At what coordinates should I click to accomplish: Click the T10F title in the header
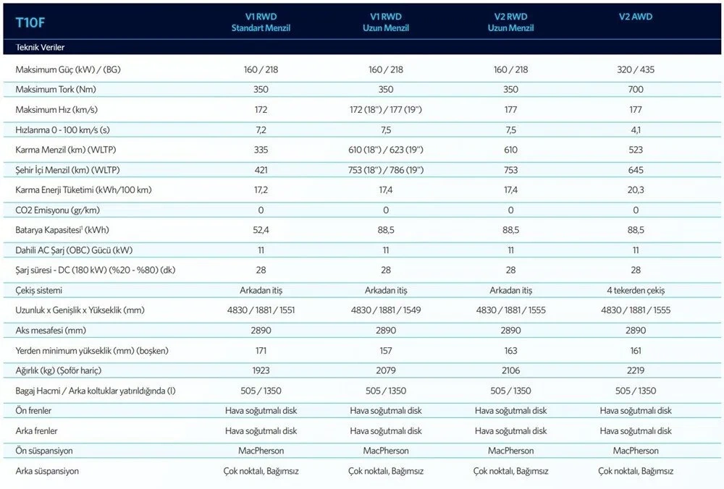click(x=31, y=22)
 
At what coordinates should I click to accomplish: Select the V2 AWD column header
click(x=636, y=17)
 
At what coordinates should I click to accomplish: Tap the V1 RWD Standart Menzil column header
click(x=261, y=22)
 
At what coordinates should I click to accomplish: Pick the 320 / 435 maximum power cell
click(x=636, y=70)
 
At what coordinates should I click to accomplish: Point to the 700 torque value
click(x=636, y=90)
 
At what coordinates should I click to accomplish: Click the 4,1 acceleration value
click(x=636, y=129)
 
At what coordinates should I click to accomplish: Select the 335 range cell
click(x=261, y=150)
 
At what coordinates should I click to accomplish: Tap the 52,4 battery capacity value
click(x=261, y=230)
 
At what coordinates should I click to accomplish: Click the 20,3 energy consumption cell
click(x=636, y=190)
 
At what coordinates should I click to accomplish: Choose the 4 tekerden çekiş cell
click(x=636, y=290)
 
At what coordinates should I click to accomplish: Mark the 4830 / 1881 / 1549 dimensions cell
click(x=386, y=310)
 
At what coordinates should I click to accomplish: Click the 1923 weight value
click(x=261, y=370)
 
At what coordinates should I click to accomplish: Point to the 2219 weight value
click(x=636, y=370)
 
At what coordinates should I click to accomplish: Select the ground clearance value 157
click(x=386, y=350)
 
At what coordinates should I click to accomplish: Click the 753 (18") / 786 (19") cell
click(x=386, y=170)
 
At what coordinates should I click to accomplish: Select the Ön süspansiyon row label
click(x=43, y=451)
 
